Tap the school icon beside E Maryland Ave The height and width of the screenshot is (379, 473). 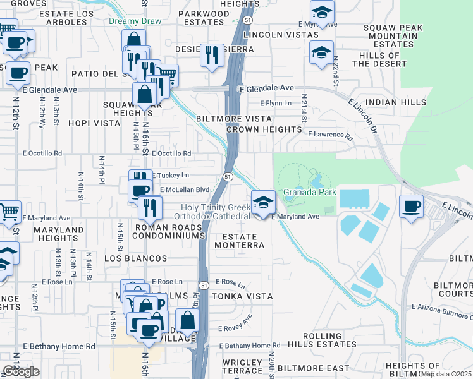[264, 203]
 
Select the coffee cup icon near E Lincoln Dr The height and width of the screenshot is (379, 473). [411, 207]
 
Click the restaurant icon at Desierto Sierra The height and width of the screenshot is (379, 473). [212, 55]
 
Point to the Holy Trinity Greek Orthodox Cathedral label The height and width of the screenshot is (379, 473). [215, 212]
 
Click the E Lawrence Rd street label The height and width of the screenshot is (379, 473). [329, 135]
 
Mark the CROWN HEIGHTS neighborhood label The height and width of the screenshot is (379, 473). [264, 129]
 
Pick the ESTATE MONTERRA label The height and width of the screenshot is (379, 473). [238, 244]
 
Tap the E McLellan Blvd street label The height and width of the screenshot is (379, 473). [185, 189]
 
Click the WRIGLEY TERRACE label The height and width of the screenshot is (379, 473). [242, 366]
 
